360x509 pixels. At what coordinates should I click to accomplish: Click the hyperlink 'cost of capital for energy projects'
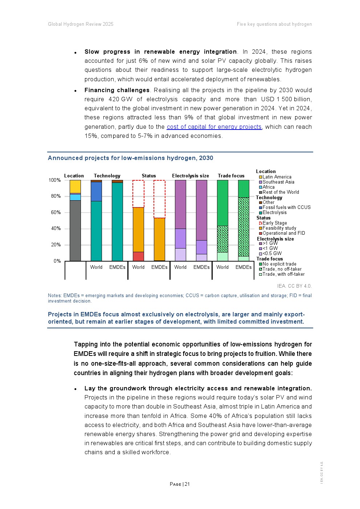point(214,127)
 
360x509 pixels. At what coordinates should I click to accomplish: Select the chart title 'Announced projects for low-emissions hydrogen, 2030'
point(130,158)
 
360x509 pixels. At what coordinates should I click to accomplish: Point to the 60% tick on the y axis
point(56,212)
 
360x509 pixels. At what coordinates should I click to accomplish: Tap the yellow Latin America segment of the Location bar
point(75,186)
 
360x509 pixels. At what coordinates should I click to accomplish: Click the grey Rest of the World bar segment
point(75,230)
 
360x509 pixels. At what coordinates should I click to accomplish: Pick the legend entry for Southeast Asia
point(278,182)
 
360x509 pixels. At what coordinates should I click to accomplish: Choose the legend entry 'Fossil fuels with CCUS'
point(286,208)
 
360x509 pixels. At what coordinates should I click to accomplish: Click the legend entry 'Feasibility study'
point(279,228)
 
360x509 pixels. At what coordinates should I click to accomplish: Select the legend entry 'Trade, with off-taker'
point(283,274)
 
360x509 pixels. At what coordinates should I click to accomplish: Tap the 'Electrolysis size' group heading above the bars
point(191,176)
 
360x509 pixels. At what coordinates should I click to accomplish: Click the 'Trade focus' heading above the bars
point(231,176)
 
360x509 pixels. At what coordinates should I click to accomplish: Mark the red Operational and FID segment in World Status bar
point(138,256)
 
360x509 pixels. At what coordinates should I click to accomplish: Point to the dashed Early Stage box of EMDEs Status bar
point(159,199)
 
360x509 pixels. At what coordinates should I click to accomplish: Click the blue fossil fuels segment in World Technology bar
point(96,191)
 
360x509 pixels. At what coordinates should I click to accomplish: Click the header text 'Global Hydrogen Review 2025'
point(81,24)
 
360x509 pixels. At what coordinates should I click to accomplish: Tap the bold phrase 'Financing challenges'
point(117,90)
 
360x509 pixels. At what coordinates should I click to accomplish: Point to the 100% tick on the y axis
point(55,180)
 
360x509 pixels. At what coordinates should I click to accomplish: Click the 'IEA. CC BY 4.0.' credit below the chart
point(294,286)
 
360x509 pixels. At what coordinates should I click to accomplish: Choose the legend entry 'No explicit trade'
point(279,264)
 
